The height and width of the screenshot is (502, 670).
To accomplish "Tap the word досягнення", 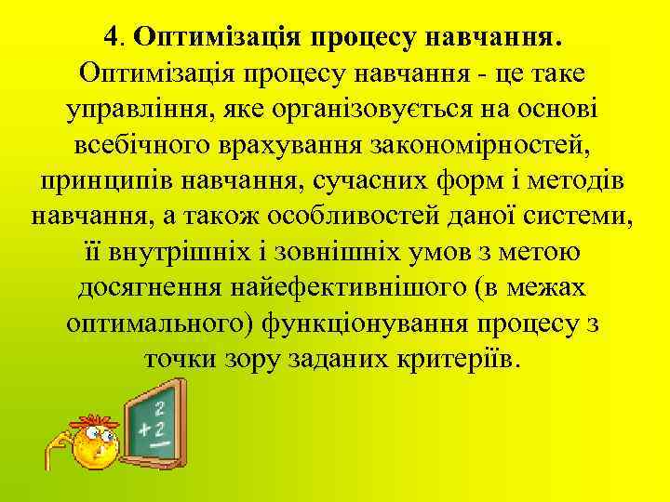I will [x=148, y=287].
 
